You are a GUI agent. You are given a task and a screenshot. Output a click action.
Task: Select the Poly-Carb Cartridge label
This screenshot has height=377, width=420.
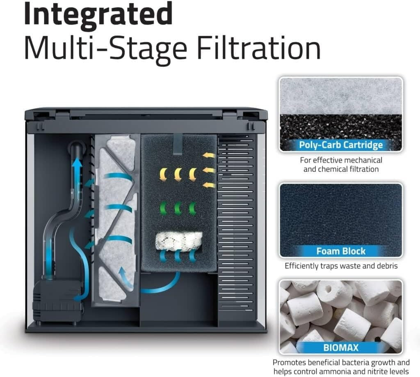coord(341,145)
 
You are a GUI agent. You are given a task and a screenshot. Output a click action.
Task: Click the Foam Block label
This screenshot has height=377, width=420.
coord(341,251)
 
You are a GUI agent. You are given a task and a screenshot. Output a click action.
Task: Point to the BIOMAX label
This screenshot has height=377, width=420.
coord(341,348)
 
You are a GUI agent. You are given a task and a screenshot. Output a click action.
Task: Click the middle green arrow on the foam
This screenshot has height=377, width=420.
coord(178,208)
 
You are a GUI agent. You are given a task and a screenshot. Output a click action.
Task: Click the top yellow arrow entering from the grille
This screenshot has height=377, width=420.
coord(209,155)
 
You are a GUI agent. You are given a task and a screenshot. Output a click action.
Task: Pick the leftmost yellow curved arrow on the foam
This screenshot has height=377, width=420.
coord(163,175)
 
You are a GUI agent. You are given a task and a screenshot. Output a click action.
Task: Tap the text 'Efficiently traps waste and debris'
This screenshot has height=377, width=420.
coord(341,266)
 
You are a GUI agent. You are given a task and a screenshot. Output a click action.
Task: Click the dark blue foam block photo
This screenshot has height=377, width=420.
coord(341,220)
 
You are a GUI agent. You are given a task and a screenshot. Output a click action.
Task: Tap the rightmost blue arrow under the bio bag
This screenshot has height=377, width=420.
coord(192,256)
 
